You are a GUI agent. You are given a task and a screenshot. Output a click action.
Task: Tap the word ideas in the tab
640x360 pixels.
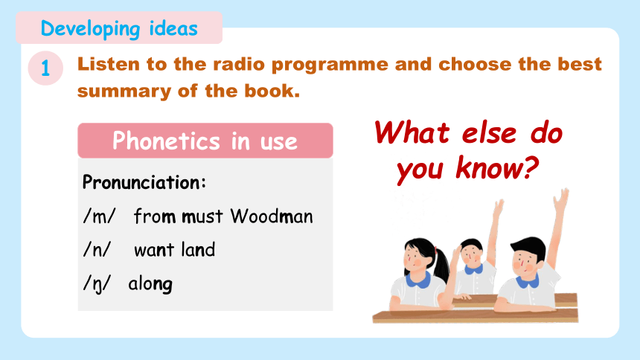click(x=173, y=28)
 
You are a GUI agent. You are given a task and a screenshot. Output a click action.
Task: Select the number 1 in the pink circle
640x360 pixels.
click(x=45, y=68)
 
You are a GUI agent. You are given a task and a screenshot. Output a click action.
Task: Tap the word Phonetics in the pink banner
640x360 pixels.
click(x=166, y=141)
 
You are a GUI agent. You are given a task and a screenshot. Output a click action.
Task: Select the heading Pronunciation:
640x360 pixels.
click(x=144, y=182)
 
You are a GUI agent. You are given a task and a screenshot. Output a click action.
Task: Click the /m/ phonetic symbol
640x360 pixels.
click(x=99, y=216)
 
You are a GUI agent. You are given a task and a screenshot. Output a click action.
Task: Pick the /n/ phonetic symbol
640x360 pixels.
click(x=97, y=250)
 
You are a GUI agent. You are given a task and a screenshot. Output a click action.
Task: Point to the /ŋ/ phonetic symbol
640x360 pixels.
click(x=97, y=284)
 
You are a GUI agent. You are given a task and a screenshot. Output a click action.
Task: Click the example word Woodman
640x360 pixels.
click(x=272, y=216)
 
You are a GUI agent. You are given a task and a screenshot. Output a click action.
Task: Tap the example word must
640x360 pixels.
click(x=202, y=216)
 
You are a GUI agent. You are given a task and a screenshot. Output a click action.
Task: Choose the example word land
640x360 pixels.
click(x=198, y=249)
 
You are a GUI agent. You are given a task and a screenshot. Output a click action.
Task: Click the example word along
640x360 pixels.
click(x=150, y=284)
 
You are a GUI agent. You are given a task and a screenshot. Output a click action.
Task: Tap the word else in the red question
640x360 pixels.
click(x=489, y=133)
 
